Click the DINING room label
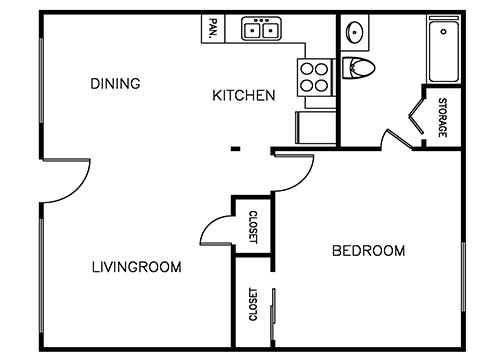[114, 83]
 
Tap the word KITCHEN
[243, 96]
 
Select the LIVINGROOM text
[136, 267]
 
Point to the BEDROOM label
[368, 251]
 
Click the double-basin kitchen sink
[263, 29]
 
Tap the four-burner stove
[314, 76]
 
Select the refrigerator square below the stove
[315, 128]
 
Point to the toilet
[358, 68]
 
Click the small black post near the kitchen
[235, 150]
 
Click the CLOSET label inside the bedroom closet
[252, 305]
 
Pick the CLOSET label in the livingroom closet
[253, 227]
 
